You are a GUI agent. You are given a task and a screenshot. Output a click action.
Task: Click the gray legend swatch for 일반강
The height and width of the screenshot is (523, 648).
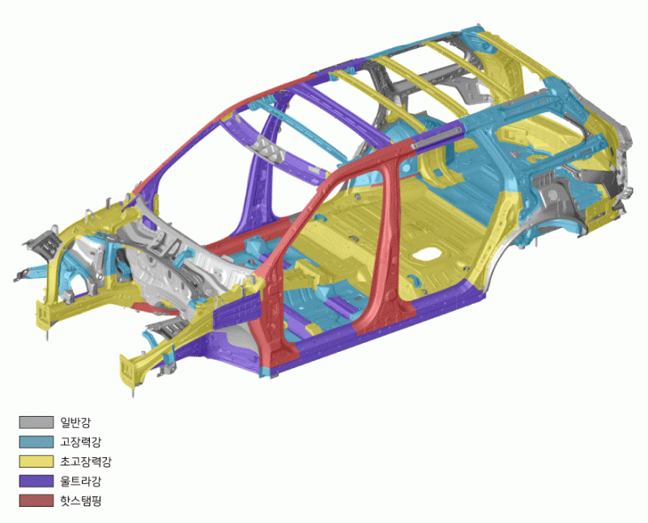pos(36,422)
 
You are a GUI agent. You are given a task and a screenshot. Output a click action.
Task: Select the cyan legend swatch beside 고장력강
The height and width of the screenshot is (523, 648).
pos(36,441)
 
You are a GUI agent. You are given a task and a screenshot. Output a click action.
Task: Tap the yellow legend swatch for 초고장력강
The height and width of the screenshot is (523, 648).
pos(36,461)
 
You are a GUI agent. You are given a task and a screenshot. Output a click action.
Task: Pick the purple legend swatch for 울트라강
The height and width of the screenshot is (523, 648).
pos(36,481)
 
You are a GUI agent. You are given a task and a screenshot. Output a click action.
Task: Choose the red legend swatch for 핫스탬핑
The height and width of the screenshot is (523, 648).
pos(36,500)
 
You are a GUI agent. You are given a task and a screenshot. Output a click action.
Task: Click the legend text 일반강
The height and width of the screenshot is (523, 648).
pos(75,422)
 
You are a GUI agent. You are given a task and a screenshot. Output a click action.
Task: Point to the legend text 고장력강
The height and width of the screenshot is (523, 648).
pos(80,442)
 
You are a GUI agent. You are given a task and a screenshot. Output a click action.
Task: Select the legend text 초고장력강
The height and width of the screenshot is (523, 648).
pos(86,461)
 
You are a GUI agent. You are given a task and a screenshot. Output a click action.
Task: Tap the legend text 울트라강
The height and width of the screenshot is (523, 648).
pos(80,481)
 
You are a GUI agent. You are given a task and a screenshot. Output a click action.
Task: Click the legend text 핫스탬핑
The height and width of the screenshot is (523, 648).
pos(80,500)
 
